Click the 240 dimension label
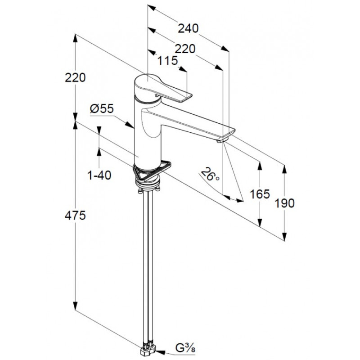(188, 29)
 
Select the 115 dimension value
(168, 61)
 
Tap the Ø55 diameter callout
(102, 108)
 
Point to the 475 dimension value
(75, 216)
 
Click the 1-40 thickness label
(99, 175)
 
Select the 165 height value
(260, 194)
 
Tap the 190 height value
(284, 203)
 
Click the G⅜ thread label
(185, 348)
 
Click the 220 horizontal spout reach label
(185, 49)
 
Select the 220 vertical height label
(75, 77)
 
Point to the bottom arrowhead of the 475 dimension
(75, 306)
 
